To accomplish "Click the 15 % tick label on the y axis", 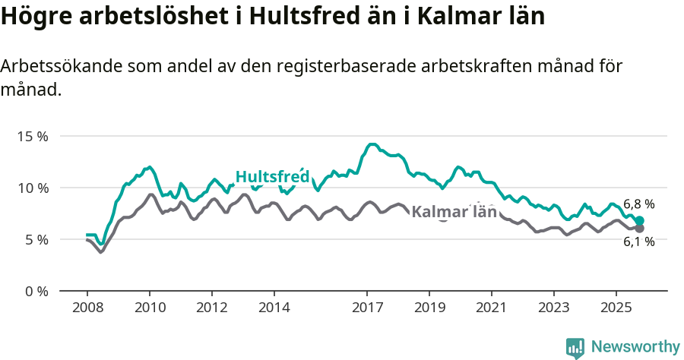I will [x=33, y=137].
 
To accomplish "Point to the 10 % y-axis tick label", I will [x=33, y=188].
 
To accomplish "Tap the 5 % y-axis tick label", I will [x=36, y=240].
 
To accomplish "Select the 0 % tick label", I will [x=36, y=292].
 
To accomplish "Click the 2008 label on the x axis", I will [x=87, y=309].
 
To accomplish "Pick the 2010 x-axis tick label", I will [x=150, y=309].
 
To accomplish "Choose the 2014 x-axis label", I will [x=274, y=309].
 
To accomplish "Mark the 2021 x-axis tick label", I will [x=492, y=309].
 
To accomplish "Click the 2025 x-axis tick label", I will [x=616, y=309].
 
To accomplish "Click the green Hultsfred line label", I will [x=272, y=177].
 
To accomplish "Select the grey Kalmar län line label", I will [x=454, y=212].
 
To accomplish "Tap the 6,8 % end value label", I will [x=638, y=204].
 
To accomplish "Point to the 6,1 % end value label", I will [x=638, y=242].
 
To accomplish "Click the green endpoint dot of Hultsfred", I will [x=640, y=221].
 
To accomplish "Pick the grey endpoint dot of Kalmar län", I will [x=640, y=228].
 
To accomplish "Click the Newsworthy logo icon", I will [x=575, y=348].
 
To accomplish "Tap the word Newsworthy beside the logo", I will [x=635, y=347].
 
